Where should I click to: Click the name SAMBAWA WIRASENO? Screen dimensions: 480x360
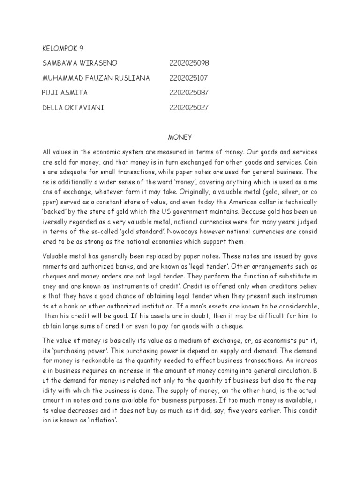click(x=80, y=63)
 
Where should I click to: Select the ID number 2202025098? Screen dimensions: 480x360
click(x=189, y=63)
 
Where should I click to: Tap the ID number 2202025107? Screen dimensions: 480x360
click(x=188, y=78)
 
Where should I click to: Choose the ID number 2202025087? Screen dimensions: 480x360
click(x=189, y=93)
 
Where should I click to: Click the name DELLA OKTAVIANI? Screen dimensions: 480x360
click(x=73, y=108)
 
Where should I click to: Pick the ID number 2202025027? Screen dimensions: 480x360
click(x=189, y=108)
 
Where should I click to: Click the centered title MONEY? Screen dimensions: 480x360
click(x=178, y=137)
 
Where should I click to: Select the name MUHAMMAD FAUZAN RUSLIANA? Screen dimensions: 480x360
click(x=96, y=78)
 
